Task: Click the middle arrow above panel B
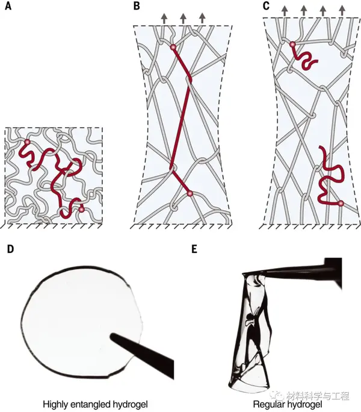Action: [183, 18]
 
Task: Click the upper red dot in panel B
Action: [173, 47]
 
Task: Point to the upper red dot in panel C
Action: [292, 45]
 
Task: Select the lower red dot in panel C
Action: [341, 204]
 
